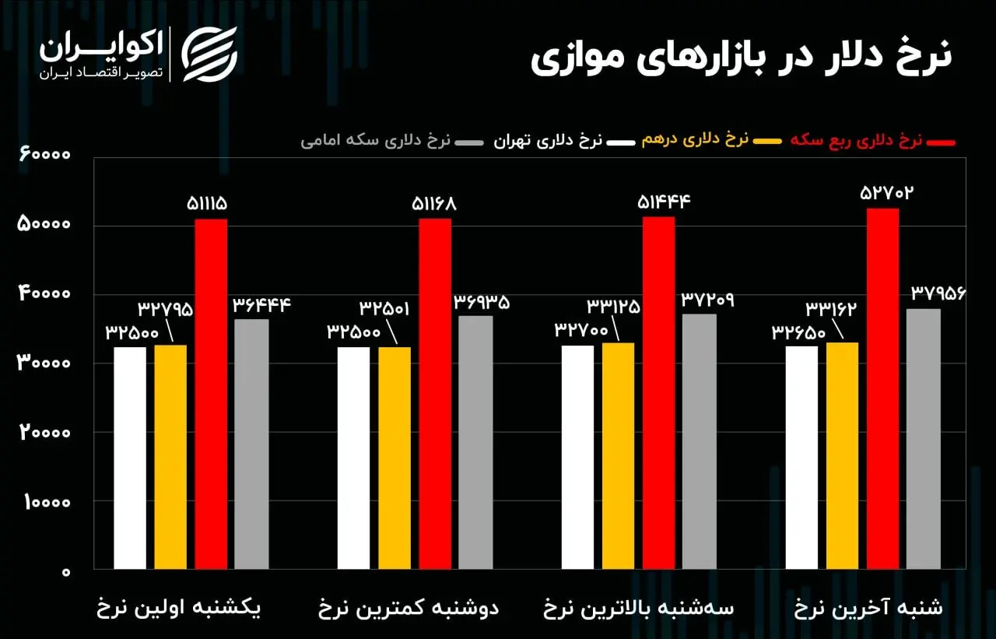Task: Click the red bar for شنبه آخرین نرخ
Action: [882, 389]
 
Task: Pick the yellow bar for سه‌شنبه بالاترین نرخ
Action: [619, 455]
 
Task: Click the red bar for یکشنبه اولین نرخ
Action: [211, 394]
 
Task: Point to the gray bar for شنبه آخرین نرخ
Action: [924, 439]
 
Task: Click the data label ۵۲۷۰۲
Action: [886, 193]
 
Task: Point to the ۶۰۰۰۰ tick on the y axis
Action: [44, 156]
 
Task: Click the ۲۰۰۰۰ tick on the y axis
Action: [44, 433]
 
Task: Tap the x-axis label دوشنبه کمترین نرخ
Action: [409, 609]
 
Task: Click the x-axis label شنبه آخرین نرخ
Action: [868, 609]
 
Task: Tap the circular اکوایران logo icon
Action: [209, 54]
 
